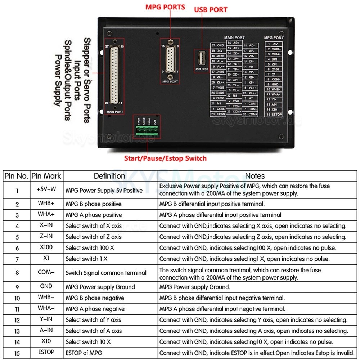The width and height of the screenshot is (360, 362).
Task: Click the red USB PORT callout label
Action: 211,10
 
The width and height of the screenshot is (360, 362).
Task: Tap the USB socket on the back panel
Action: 202,58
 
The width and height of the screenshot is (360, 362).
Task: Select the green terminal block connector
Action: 147,131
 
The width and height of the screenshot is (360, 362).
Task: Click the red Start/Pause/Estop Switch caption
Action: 165,158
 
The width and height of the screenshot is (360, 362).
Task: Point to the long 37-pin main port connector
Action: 114,74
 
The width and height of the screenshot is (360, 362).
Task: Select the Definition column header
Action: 109,176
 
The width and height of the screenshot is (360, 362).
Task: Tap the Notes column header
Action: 255,176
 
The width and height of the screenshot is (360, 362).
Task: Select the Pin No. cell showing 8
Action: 17,273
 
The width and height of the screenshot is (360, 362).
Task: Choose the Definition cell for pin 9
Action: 100,287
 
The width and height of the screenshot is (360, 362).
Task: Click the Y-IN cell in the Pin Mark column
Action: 46,319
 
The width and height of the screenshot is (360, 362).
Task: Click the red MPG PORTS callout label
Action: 165,7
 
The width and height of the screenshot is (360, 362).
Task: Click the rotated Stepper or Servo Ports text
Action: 87,80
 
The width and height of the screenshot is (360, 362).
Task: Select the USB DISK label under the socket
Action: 202,69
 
